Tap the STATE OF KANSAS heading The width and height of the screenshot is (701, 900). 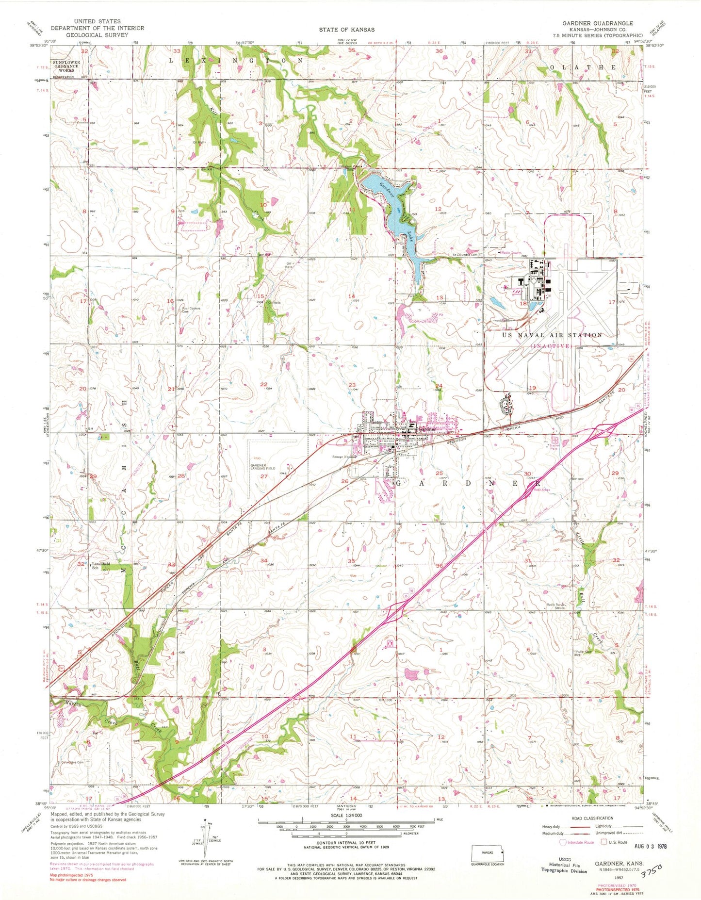coord(346,30)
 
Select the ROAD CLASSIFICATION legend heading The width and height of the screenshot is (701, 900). coord(587,818)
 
